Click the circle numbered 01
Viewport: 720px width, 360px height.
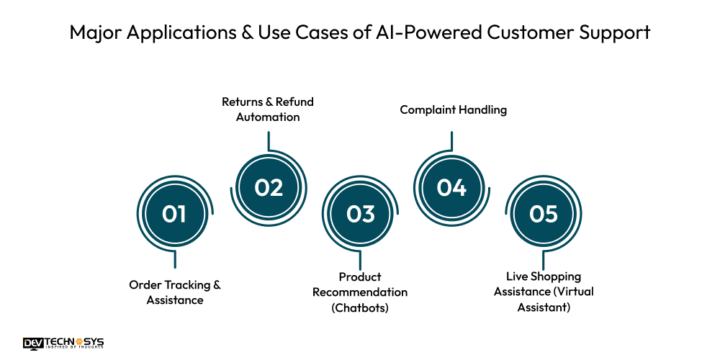(x=174, y=214)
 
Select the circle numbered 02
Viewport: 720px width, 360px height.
(x=268, y=187)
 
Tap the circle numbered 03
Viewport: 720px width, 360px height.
(x=360, y=214)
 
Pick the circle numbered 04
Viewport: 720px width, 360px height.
(x=452, y=187)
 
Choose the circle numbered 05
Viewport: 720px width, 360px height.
(x=544, y=214)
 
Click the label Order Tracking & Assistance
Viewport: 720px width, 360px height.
(x=175, y=292)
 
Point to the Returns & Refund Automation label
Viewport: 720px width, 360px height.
(x=268, y=109)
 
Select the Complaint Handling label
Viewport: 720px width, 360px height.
(x=454, y=110)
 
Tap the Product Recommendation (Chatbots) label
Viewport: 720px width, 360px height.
(x=360, y=292)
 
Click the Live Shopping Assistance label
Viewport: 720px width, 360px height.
(x=544, y=292)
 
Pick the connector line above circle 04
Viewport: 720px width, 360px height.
(x=452, y=142)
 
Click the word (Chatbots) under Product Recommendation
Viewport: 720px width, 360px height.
(x=360, y=307)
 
